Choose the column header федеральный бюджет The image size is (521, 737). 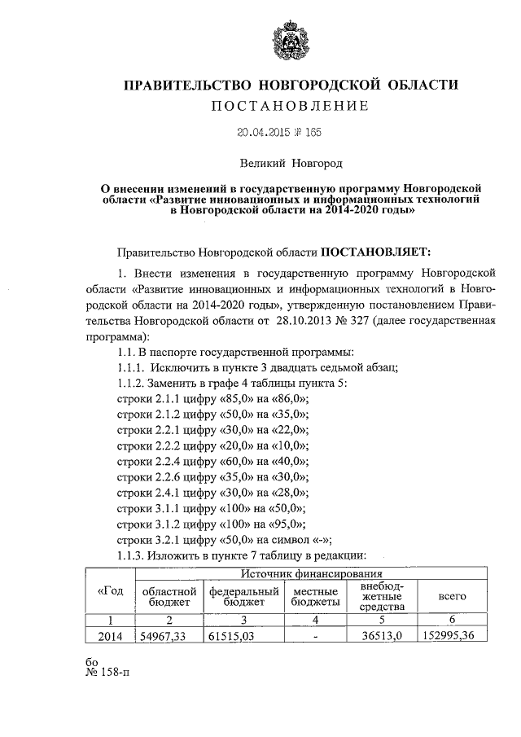(x=244, y=595)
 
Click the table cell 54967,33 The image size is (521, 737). (x=165, y=636)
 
